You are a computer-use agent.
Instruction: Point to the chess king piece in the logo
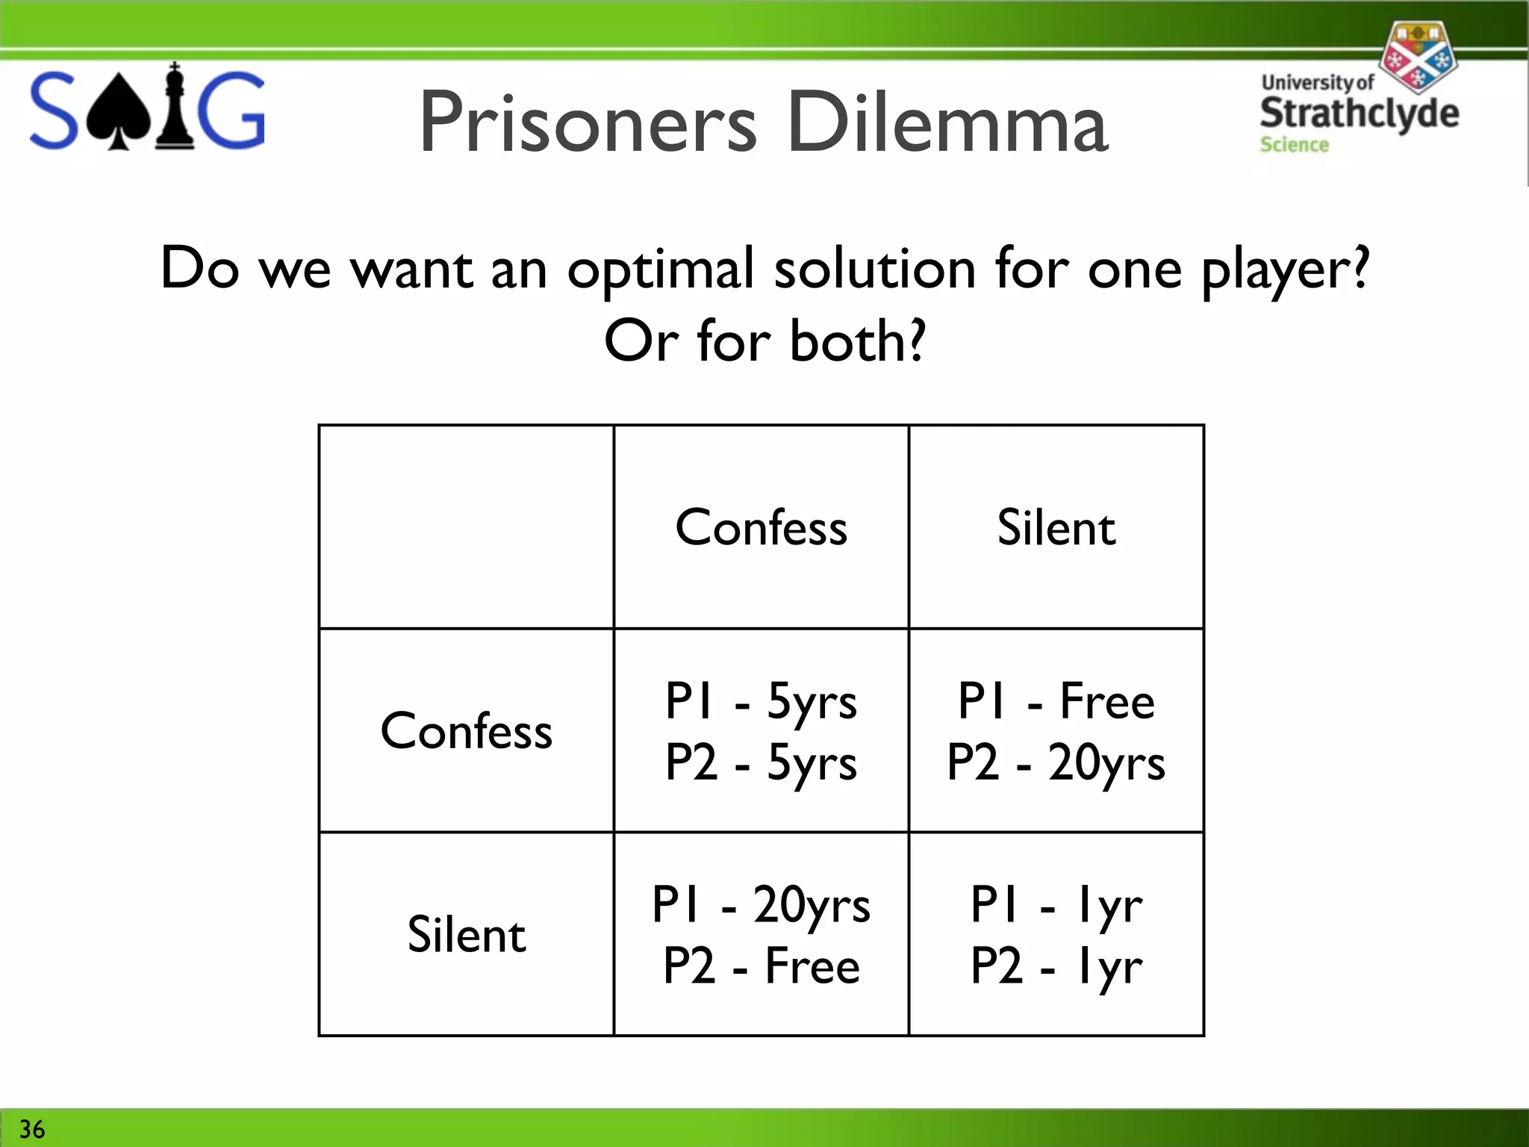[x=175, y=108]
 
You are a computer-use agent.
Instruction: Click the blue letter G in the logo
[x=232, y=111]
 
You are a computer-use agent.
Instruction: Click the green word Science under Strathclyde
[x=1294, y=145]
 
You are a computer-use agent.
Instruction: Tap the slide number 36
[x=31, y=1129]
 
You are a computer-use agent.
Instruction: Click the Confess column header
[x=761, y=527]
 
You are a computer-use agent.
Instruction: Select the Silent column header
[x=1056, y=527]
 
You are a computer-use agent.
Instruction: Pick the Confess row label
[x=466, y=730]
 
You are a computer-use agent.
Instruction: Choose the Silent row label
[x=466, y=934]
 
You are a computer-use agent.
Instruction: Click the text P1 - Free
[x=1056, y=700]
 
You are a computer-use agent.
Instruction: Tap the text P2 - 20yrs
[x=1056, y=762]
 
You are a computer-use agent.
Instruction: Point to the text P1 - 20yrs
[x=761, y=904]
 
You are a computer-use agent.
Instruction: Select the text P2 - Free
[x=761, y=966]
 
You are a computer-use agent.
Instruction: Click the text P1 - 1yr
[x=1056, y=904]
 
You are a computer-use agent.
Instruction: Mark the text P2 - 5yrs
[x=761, y=762]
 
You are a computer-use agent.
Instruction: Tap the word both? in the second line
[x=857, y=341]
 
